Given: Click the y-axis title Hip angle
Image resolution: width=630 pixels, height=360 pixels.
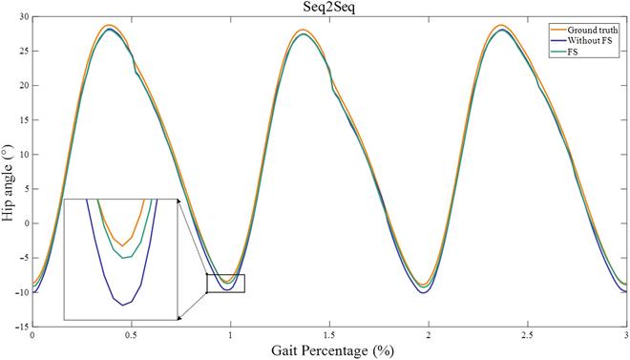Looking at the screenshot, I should pos(9,172).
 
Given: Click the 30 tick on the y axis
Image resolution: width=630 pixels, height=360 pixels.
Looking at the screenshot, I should pos(23,17).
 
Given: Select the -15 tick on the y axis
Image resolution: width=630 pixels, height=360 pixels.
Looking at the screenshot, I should pos(21,326).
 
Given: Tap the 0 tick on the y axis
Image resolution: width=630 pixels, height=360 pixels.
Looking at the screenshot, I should pos(26,222).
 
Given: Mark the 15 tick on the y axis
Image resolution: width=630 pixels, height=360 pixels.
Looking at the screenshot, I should pos(23,120).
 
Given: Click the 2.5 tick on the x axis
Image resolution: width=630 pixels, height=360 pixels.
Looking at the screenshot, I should pos(527,336).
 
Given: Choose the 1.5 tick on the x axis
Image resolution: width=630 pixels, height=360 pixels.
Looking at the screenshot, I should pos(328,336).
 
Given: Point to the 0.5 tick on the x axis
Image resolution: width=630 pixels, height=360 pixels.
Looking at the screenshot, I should pos(131,336).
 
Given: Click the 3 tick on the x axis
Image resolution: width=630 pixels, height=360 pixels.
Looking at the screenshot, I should pos(625,336).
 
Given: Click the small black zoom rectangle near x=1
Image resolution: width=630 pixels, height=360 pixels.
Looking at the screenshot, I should pos(225,283).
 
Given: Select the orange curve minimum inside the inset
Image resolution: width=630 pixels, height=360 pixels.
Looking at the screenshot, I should pos(121,245).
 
